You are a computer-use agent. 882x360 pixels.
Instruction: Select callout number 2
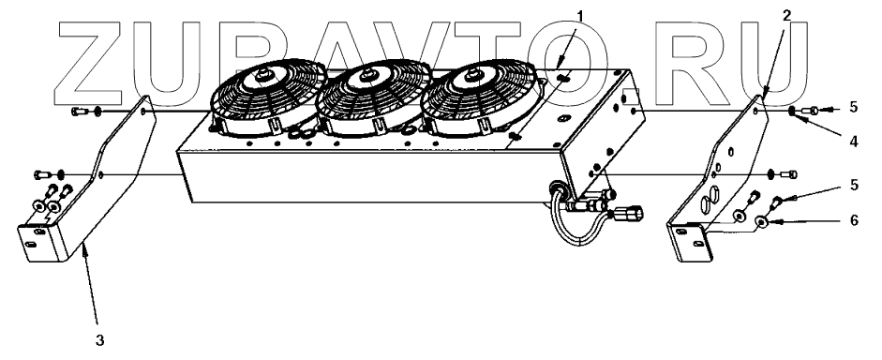click(787, 15)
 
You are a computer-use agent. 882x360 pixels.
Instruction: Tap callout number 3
click(99, 339)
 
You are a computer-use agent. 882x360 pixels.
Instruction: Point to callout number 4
click(854, 142)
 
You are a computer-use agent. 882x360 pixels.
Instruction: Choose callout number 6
click(854, 220)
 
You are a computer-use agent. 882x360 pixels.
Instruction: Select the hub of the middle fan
click(367, 74)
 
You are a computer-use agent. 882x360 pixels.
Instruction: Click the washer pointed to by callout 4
click(791, 111)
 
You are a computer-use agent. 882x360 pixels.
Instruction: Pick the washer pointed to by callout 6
click(762, 222)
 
